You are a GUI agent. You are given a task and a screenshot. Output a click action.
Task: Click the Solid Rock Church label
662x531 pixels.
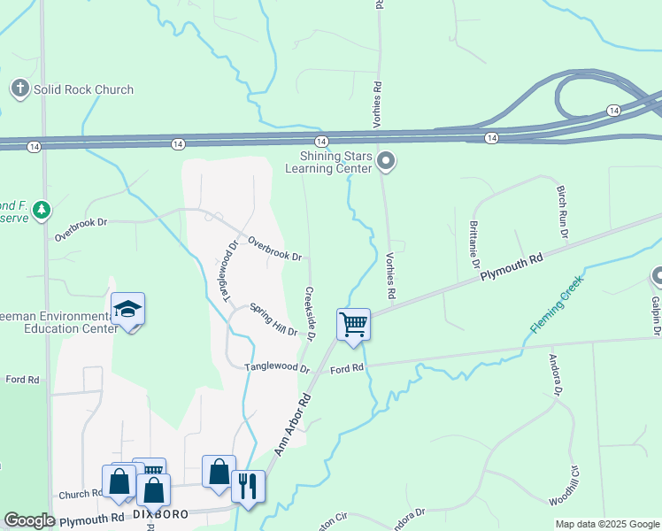(x=83, y=89)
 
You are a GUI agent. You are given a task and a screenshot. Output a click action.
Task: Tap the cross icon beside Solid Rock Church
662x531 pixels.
(x=19, y=88)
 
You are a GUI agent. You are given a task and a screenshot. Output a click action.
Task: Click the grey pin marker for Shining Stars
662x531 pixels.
(x=385, y=161)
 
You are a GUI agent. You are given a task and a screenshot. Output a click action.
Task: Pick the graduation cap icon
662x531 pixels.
(x=127, y=310)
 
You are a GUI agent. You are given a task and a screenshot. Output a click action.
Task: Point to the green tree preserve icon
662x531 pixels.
(x=41, y=210)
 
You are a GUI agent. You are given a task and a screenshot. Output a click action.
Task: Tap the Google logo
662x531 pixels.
(x=29, y=519)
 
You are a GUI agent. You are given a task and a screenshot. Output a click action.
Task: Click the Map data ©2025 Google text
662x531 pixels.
(x=607, y=524)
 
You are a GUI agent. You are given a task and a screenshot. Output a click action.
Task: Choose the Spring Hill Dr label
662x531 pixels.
(x=273, y=319)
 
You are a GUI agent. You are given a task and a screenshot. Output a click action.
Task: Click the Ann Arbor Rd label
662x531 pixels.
(x=295, y=424)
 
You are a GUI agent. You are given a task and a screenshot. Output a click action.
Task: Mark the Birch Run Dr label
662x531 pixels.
(x=561, y=212)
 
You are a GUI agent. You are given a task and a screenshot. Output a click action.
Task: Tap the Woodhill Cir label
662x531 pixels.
(x=563, y=486)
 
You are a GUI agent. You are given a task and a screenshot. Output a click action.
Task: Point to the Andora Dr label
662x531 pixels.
(x=556, y=376)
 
